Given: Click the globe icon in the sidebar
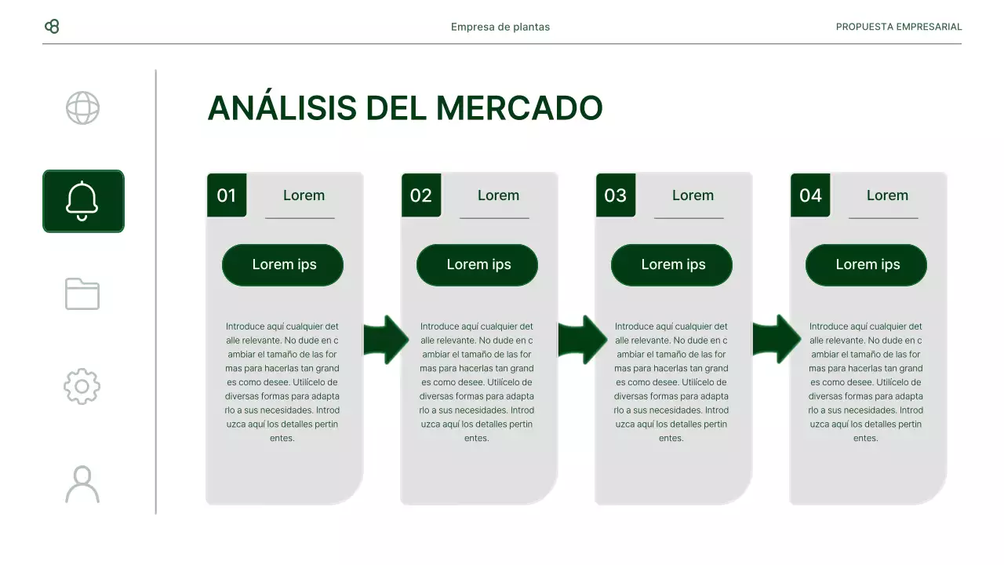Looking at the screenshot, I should click(82, 108).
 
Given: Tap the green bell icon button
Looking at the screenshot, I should click(83, 201).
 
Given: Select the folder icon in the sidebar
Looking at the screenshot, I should click(82, 293).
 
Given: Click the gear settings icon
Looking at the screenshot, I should click(82, 386).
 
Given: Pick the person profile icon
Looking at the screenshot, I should click(82, 483).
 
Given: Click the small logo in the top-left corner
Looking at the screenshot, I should click(52, 27).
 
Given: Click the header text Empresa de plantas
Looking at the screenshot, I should click(500, 27).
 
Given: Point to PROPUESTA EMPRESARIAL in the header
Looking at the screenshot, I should click(898, 27).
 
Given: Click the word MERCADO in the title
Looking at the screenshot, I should click(518, 108).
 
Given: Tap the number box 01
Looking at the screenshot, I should click(227, 195).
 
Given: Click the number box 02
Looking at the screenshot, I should click(421, 195).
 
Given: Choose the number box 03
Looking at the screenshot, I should click(616, 195).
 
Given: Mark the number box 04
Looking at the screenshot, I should click(810, 195).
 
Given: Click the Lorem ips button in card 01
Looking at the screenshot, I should click(283, 264).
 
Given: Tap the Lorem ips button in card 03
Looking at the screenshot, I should click(672, 264).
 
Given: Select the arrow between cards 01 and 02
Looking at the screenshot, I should click(386, 340).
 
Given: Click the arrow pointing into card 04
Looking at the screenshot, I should click(776, 340).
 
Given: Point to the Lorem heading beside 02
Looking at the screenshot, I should click(498, 195).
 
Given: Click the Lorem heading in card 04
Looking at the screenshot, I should click(887, 195).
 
